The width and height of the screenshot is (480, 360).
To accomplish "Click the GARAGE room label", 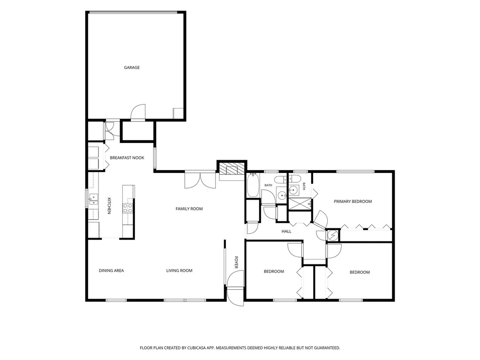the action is tap(132, 67).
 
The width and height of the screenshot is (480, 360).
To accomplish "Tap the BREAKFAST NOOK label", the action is tap(127, 157).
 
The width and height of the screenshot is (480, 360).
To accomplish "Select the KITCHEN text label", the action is tap(109, 206).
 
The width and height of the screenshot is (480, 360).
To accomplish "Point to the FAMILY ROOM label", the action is tap(189, 209).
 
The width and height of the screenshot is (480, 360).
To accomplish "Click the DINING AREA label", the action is tap(112, 270).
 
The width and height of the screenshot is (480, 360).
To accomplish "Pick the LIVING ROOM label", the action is tap(180, 270).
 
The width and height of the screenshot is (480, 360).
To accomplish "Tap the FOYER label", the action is tap(236, 262).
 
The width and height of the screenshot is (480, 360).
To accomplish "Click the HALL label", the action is tap(286, 232).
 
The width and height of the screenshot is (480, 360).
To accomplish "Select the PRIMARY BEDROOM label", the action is tap(352, 202).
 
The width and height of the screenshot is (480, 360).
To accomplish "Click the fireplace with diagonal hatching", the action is tap(232, 169).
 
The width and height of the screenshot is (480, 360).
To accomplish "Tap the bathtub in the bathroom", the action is tap(253, 185).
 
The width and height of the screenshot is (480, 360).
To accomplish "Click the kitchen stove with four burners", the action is tap(128, 209).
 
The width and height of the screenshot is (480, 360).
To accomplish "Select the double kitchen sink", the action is tap(93, 199).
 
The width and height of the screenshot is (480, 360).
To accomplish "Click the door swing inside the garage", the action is tap(138, 112).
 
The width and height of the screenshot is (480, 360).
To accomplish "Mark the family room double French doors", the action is tap(200, 180).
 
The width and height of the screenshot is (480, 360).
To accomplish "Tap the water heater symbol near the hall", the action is tap(333, 235).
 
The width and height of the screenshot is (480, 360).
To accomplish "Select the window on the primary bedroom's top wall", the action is tap(355, 172).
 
